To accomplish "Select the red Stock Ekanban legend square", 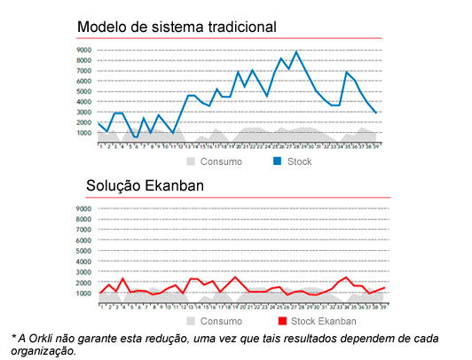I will pos(283,320).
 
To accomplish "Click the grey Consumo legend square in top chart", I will pos(191,162).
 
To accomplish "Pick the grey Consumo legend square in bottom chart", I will pos(192,320).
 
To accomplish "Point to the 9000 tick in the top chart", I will pos(84,50).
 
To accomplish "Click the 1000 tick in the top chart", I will pos(84,133).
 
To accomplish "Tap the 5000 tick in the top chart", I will pos(84,91).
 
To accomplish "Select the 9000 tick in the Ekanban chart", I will pos(84,209).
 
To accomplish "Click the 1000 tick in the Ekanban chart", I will pos(84,293).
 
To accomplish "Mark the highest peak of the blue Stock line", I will pos(296,51).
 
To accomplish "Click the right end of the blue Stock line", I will pos(376,113).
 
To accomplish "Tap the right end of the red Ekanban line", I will pos(385,287).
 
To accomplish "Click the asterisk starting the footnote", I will pos(14,338).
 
